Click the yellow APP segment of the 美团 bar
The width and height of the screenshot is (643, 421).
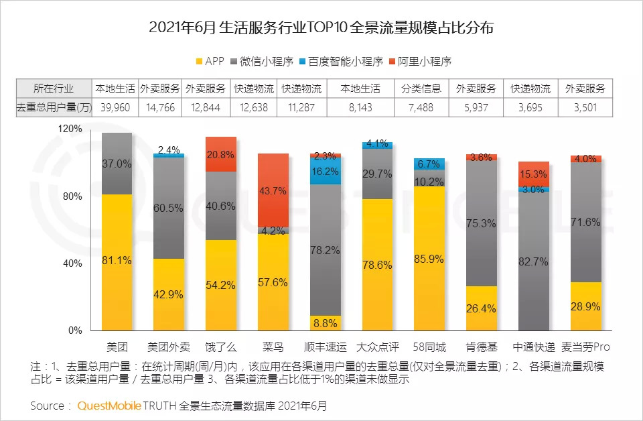117,262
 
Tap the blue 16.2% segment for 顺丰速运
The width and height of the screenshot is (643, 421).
326,171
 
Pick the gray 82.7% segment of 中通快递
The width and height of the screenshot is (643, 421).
534,261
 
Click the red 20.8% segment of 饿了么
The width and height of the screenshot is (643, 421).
221,154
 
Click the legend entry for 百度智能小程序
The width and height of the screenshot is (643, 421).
341,61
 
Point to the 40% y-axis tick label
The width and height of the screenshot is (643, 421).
72,263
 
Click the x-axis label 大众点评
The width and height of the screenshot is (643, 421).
377,347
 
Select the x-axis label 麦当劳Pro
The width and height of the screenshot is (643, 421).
585,347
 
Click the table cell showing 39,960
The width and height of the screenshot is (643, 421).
116,107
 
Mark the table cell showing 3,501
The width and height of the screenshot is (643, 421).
585,107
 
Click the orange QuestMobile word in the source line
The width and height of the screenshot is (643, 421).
111,406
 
